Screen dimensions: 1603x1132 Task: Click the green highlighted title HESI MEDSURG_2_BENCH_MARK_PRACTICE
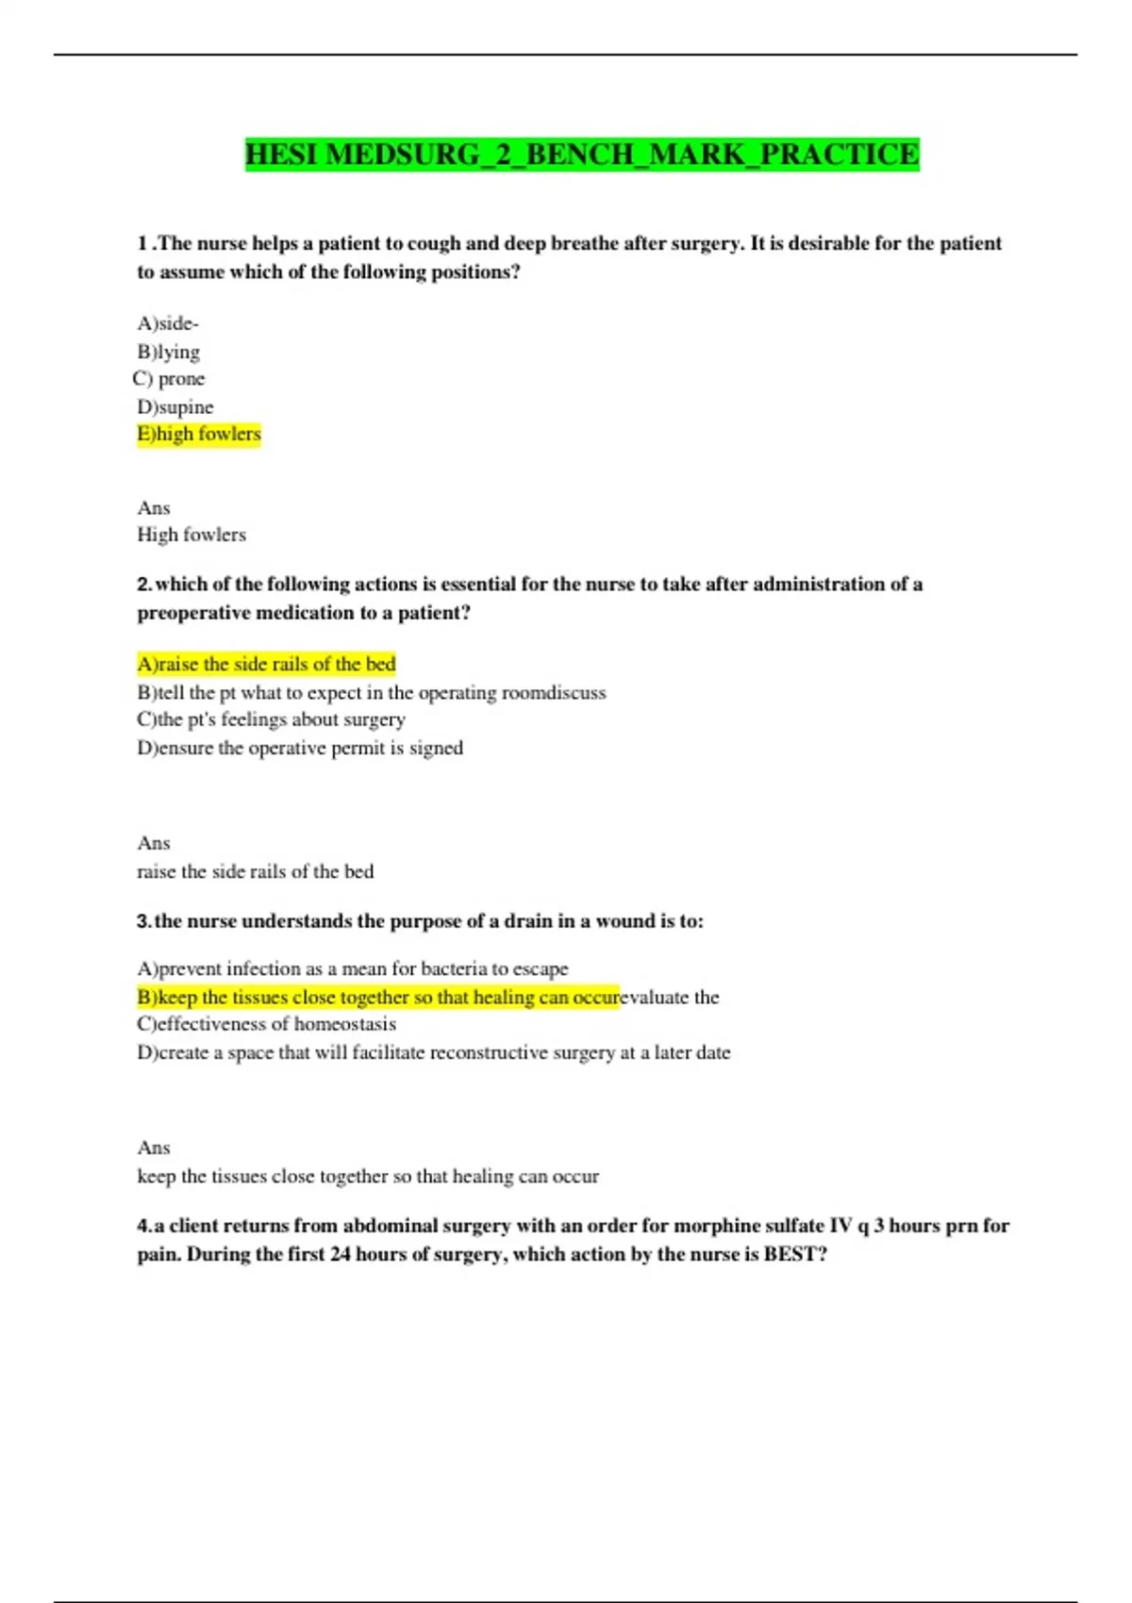[582, 155]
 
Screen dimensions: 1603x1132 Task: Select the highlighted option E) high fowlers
[199, 435]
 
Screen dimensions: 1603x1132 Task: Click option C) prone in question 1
[170, 379]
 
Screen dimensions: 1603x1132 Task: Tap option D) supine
[175, 407]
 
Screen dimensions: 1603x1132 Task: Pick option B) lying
[169, 352]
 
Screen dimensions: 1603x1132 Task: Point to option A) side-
[168, 323]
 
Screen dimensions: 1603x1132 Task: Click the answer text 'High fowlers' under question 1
[191, 535]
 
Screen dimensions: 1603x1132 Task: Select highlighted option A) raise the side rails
[266, 665]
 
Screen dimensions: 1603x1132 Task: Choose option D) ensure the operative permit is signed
[300, 749]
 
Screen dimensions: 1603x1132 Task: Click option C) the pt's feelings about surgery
[271, 719]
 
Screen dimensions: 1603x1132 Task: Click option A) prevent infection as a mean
[353, 969]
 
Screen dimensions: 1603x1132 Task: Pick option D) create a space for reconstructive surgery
[434, 1053]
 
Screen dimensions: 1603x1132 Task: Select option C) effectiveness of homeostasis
[266, 1024]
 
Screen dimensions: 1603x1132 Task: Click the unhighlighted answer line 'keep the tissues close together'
[368, 1177]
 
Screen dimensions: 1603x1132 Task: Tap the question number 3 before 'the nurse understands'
[143, 921]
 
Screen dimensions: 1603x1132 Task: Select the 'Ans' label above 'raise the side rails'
[154, 844]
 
